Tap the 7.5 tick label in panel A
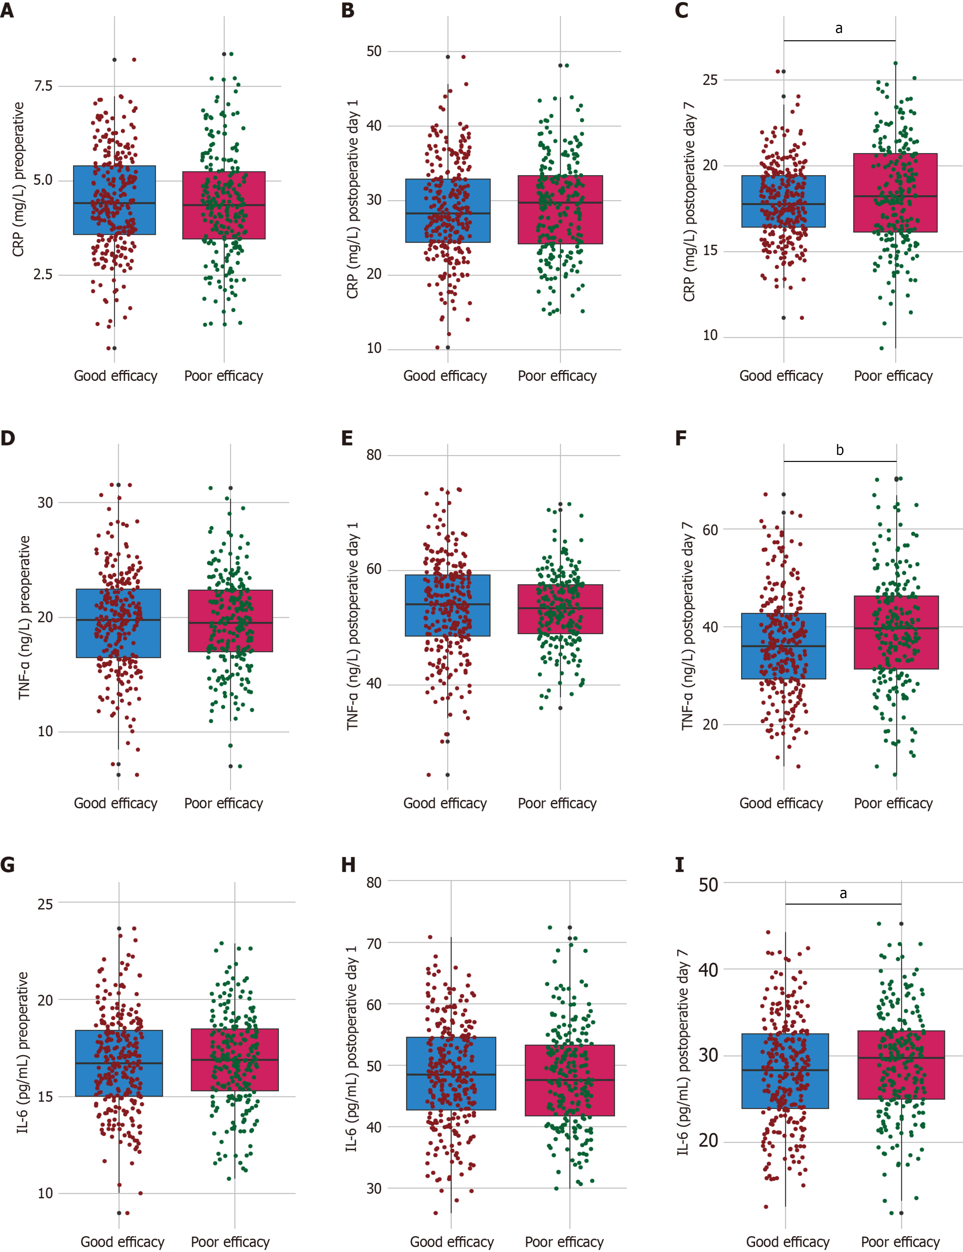(x=43, y=86)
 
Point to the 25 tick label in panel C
(x=710, y=80)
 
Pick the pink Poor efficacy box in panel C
(x=895, y=193)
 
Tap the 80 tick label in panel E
(x=374, y=455)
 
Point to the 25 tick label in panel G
(x=45, y=904)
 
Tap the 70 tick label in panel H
(x=374, y=943)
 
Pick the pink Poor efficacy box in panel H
(x=569, y=1080)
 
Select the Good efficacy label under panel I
(x=787, y=1242)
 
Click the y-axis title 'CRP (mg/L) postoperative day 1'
(x=352, y=199)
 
